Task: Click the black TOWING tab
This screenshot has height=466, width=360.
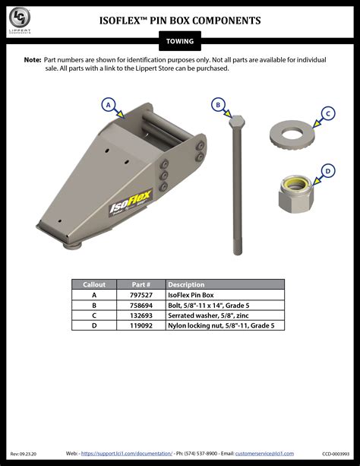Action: [180, 41]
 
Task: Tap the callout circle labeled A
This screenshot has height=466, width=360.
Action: [108, 104]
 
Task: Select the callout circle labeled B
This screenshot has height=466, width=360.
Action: [218, 105]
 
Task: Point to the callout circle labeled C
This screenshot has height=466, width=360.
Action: [327, 114]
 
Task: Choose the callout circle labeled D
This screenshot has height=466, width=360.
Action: [327, 171]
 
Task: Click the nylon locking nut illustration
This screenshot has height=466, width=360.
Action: [292, 193]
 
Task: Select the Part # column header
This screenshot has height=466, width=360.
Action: [141, 284]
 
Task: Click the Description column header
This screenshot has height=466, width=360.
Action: [186, 284]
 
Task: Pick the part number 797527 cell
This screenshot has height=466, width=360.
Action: [141, 294]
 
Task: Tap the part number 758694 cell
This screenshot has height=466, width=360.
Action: [141, 305]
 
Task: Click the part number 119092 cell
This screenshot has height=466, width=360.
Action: [141, 325]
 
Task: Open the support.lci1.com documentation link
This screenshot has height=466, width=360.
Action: [127, 453]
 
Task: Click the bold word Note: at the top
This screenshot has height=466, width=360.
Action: [32, 59]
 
